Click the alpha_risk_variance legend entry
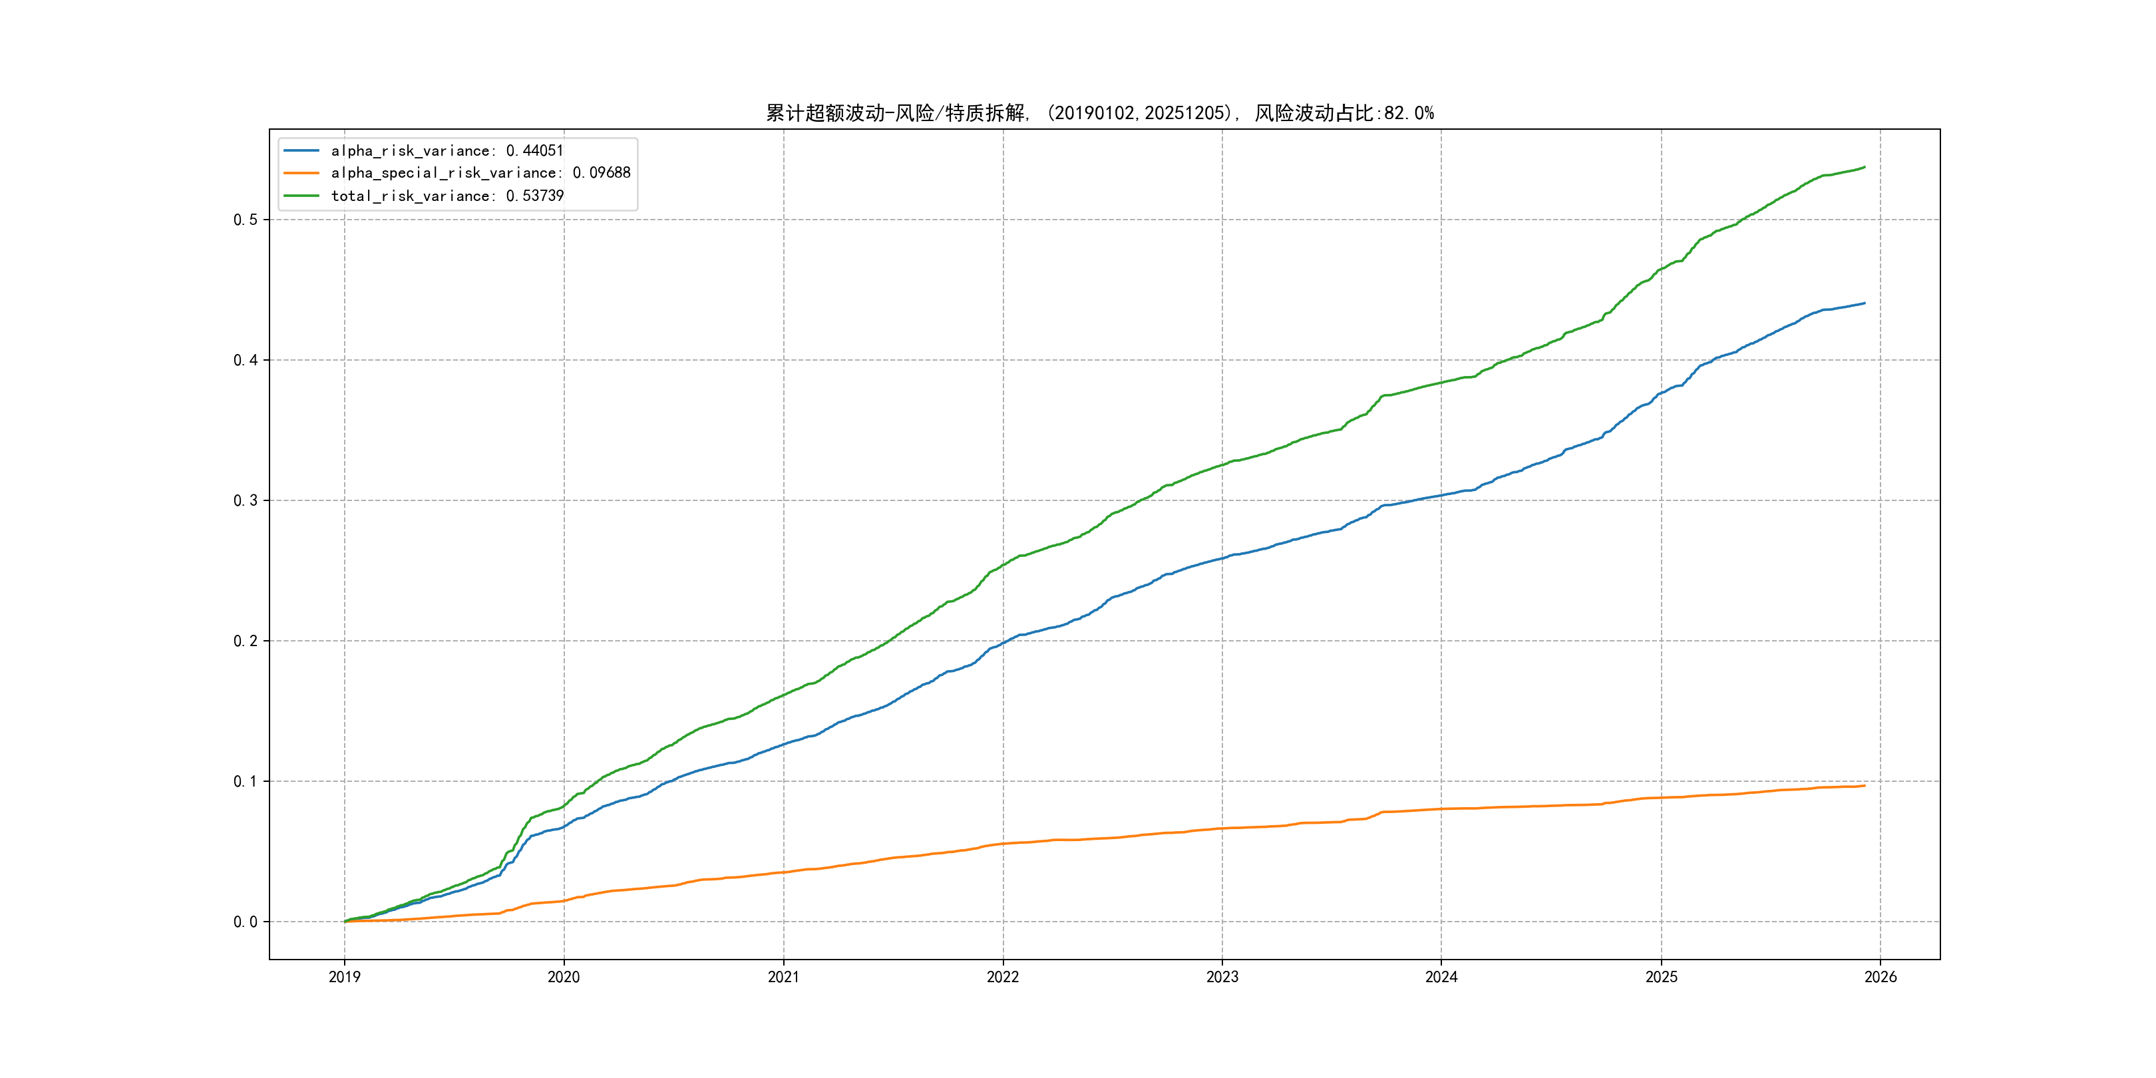(447, 150)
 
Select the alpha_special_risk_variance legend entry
(480, 173)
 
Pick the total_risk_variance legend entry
(447, 196)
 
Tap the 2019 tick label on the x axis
(344, 977)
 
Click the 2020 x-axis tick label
(563, 977)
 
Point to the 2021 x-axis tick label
(783, 977)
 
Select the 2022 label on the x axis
(1003, 977)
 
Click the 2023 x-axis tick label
(1222, 977)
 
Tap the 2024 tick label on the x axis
(1441, 977)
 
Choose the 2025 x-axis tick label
(1662, 977)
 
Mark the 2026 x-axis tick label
(1881, 977)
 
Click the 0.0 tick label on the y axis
(246, 922)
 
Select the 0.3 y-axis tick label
(246, 500)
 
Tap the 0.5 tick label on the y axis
(246, 220)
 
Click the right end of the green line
(1865, 168)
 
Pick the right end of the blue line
(1865, 303)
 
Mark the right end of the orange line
(1865, 785)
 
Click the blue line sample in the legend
(301, 150)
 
